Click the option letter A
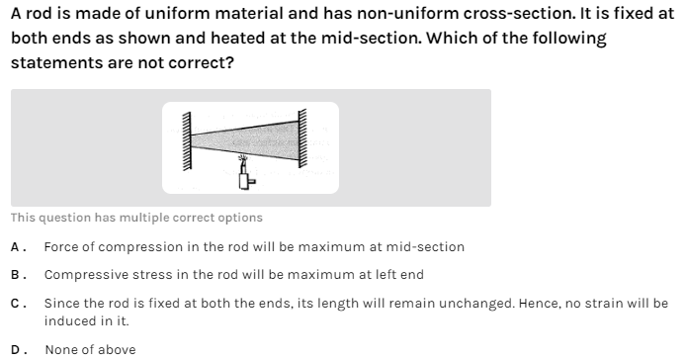click(x=15, y=247)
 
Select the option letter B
click(x=15, y=275)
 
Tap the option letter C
click(x=15, y=304)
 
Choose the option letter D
click(x=15, y=350)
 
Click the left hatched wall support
click(x=187, y=140)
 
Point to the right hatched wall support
click(x=302, y=137)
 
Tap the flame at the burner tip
click(x=243, y=158)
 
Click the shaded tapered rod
click(x=245, y=139)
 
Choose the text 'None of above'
click(x=91, y=350)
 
